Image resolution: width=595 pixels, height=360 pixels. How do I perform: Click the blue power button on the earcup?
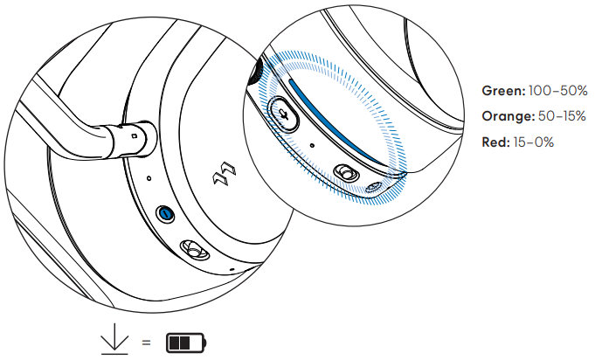tap(166, 214)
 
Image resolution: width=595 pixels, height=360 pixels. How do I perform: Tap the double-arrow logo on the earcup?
tap(225, 174)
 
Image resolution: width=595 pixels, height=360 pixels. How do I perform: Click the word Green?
tap(503, 91)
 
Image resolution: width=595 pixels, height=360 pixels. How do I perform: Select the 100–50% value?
tap(557, 91)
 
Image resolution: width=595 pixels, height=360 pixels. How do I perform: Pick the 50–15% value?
tap(562, 116)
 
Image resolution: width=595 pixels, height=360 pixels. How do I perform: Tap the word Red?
tap(495, 142)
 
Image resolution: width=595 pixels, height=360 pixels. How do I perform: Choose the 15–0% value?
tap(533, 142)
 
